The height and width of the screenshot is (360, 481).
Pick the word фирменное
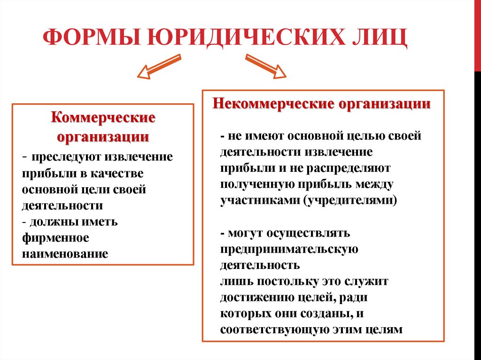tap(55, 237)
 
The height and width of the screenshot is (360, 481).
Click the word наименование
tap(65, 254)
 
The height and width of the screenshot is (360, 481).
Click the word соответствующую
tap(274, 330)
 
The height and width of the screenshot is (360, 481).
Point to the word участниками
tap(259, 200)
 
